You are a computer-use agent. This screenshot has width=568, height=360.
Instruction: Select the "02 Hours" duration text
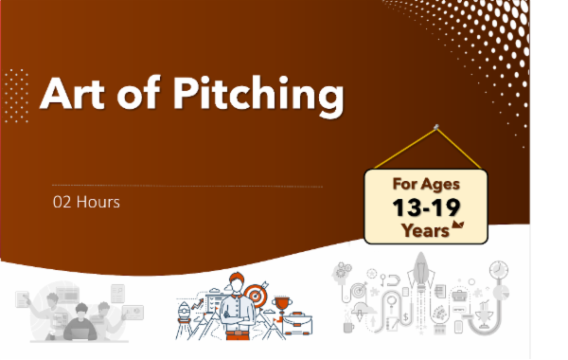pos(86,202)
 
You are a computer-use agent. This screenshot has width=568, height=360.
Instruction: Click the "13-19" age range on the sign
pos(425,207)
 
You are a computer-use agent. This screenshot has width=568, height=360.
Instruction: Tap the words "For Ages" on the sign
pos(426,184)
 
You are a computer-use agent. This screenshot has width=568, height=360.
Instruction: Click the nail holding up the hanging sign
pos(435,126)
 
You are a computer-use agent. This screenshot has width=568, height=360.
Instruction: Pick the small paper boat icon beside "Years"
pos(459,225)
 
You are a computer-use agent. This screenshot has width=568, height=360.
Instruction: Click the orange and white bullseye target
pos(254,294)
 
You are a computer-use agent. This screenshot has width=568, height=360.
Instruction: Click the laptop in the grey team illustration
pos(80,331)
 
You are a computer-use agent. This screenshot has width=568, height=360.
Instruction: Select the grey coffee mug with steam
pos(348,324)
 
